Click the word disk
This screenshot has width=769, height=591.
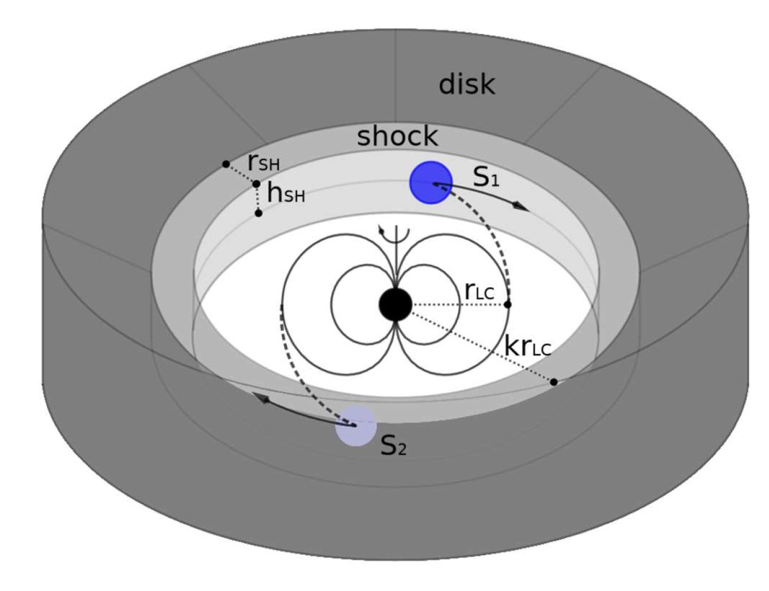point(467,85)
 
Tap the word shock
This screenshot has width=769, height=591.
point(397,136)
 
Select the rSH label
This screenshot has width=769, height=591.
point(264,164)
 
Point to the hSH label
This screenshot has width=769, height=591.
point(286,194)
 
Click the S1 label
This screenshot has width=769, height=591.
point(487,177)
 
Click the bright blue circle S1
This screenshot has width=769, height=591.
point(431,182)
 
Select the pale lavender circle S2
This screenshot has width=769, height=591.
point(355,426)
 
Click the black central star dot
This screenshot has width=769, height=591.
point(396,304)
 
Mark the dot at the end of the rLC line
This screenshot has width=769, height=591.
point(507,305)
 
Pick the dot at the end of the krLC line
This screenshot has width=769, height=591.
point(554,382)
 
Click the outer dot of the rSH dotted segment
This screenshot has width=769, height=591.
point(226,164)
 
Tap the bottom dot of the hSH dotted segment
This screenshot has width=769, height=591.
point(259,213)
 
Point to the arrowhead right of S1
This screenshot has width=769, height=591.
point(521,207)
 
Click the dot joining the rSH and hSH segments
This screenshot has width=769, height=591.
point(256,184)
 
